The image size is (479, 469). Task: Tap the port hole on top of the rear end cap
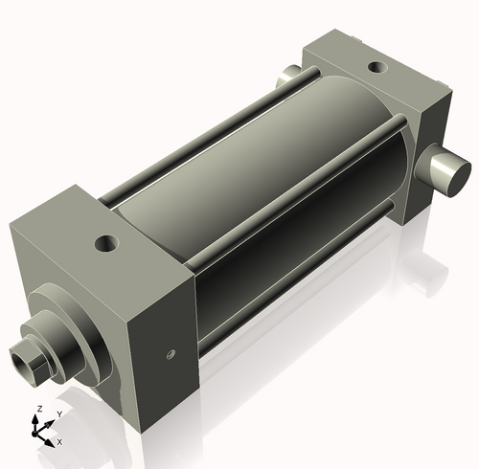pos(378,69)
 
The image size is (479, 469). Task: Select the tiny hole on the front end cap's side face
pos(171,354)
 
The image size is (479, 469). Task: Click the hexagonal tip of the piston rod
pos(23,360)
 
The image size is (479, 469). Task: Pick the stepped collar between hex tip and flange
pos(42,344)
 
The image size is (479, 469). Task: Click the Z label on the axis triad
pos(38,409)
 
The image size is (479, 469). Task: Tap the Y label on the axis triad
pos(58,414)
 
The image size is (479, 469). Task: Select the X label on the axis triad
pos(59,442)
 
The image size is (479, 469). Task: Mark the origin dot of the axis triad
pos(40,432)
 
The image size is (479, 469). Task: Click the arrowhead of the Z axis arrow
pos(39,418)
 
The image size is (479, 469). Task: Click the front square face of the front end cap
pos(67,287)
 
